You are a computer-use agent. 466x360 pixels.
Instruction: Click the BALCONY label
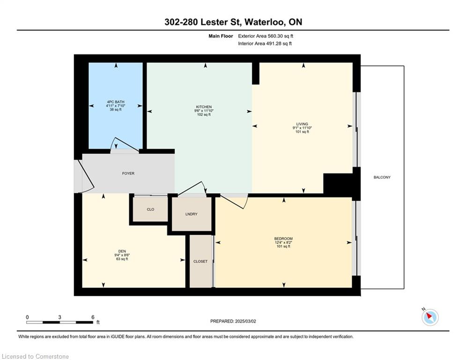pyautogui.click(x=382, y=177)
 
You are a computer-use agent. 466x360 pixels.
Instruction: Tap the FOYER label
pyautogui.click(x=128, y=173)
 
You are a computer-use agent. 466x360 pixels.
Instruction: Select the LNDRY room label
pyautogui.click(x=191, y=214)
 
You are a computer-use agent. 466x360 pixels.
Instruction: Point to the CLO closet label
pyautogui.click(x=150, y=210)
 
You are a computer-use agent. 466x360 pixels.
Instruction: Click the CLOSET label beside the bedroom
pyautogui.click(x=200, y=262)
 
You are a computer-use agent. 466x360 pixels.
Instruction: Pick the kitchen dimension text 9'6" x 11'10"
pyautogui.click(x=204, y=111)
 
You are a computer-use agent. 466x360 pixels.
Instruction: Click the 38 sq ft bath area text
pyautogui.click(x=116, y=110)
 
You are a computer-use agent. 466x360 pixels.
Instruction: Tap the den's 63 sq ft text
pyautogui.click(x=122, y=259)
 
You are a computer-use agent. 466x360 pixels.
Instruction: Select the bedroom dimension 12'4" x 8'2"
pyautogui.click(x=283, y=242)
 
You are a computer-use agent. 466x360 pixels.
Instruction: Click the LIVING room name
pyautogui.click(x=302, y=124)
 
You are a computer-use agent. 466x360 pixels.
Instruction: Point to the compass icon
pyautogui.click(x=430, y=317)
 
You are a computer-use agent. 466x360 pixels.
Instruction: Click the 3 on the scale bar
pyautogui.click(x=60, y=317)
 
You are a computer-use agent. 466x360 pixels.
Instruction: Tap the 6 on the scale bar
pyautogui.click(x=93, y=317)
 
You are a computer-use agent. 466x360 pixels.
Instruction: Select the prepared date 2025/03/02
pyautogui.click(x=245, y=321)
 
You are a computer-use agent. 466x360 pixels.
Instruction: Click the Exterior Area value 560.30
pyautogui.click(x=276, y=36)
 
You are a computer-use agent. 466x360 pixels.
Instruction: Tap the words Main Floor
pyautogui.click(x=221, y=36)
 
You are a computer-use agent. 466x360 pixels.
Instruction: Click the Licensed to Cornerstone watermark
pyautogui.click(x=35, y=356)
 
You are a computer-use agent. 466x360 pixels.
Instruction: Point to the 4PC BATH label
pyautogui.click(x=116, y=102)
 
